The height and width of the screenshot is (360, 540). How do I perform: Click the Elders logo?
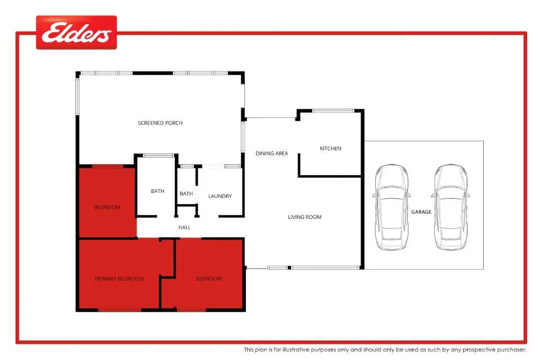(76, 33)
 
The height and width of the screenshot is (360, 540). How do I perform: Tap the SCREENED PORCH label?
(160, 123)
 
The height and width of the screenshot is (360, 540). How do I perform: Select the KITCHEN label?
(330, 148)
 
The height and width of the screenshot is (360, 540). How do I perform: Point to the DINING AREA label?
(272, 154)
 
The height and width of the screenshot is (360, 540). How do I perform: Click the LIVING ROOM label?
(304, 217)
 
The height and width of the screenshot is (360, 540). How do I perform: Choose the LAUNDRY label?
(220, 196)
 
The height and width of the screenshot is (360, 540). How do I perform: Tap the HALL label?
(184, 227)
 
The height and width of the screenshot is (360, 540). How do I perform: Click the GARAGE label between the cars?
(421, 212)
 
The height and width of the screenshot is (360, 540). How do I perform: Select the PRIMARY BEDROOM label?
(119, 278)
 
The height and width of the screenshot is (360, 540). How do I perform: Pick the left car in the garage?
(391, 207)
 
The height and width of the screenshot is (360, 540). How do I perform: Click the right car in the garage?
(451, 207)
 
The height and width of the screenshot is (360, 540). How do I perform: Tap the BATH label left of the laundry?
(186, 194)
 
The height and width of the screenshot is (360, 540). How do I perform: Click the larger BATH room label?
(157, 191)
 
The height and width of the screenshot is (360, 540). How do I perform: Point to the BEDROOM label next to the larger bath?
(107, 208)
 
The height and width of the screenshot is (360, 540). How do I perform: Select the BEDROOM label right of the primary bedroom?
(209, 278)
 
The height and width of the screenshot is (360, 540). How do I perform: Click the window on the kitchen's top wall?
(333, 111)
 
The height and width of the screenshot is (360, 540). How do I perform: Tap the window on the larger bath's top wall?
(159, 155)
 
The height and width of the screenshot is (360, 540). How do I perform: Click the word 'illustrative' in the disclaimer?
(296, 350)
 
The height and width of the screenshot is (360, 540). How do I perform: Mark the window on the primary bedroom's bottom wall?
(119, 310)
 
